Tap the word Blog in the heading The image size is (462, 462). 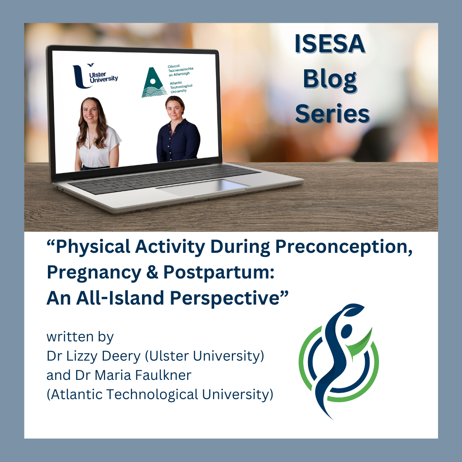point(330,80)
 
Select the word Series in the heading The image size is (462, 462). point(332,114)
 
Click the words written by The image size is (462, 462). point(80,337)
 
